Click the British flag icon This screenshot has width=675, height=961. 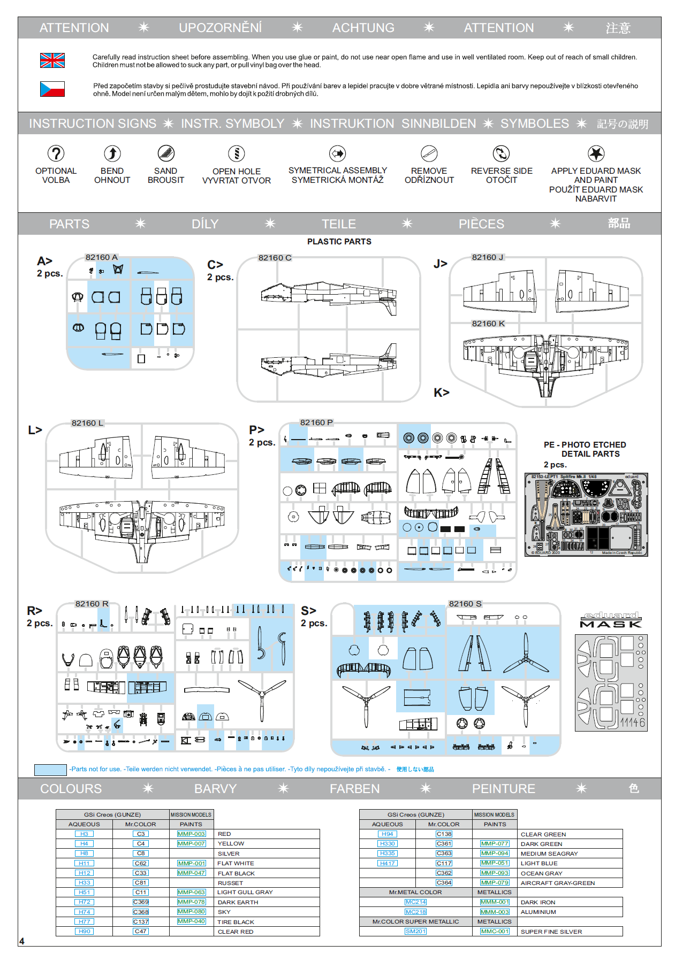52,60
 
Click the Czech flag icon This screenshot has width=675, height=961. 52,89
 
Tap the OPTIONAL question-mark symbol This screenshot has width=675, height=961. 56,153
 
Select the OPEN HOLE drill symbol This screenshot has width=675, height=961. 236,153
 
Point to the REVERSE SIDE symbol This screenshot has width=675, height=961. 501,153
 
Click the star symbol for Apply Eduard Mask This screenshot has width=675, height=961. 596,153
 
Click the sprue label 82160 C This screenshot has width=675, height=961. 275,258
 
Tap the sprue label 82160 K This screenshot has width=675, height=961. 488,324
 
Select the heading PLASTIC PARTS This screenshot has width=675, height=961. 339,242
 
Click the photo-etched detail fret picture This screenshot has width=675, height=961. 586,514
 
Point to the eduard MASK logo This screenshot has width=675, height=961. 610,620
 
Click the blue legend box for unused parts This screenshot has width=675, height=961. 50,770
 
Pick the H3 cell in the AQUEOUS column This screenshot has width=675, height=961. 84,834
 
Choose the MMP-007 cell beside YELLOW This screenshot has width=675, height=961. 191,843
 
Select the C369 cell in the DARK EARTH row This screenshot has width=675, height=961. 141,902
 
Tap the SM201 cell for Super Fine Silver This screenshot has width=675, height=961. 415,932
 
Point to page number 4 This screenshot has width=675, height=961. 22,941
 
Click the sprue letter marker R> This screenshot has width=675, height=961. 35,611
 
